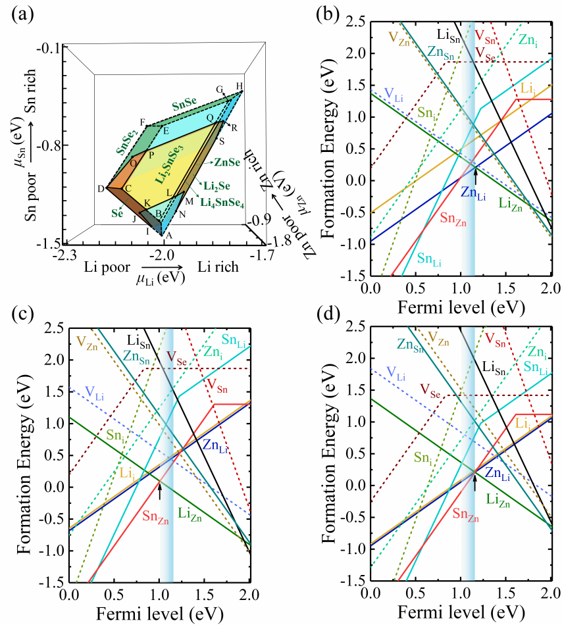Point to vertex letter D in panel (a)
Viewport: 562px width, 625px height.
point(101,189)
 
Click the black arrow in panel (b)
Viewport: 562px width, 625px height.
point(474,175)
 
